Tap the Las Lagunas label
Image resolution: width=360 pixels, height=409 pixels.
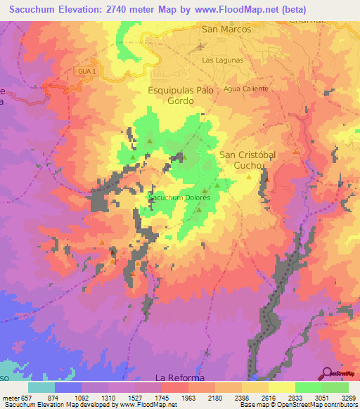pos(222,60)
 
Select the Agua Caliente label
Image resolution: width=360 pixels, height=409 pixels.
pos(241,89)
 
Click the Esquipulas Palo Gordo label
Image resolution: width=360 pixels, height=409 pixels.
pos(180,96)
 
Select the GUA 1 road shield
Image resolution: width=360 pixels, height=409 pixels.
pos(84,70)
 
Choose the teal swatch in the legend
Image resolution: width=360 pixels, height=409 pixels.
pos(41,387)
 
